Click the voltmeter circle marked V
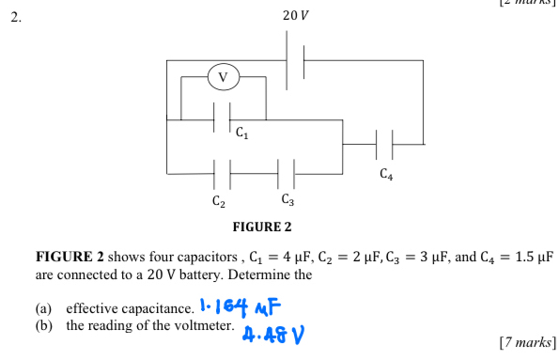click(x=223, y=76)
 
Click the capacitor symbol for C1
click(x=223, y=119)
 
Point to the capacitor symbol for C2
click(x=223, y=174)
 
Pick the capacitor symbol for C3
click(x=287, y=174)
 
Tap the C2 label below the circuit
click(x=218, y=201)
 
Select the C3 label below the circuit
click(x=288, y=200)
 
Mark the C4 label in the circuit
click(x=386, y=174)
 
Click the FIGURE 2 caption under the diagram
click(x=263, y=227)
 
